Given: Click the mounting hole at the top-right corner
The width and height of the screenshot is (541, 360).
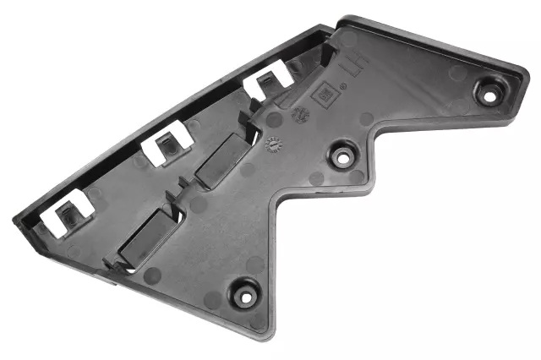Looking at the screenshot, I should [487, 91].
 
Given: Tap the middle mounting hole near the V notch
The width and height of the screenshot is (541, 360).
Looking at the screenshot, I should [342, 155].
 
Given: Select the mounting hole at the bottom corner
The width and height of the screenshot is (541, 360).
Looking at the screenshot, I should [245, 296].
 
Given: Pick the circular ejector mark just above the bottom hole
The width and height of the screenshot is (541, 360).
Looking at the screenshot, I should [251, 264].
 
